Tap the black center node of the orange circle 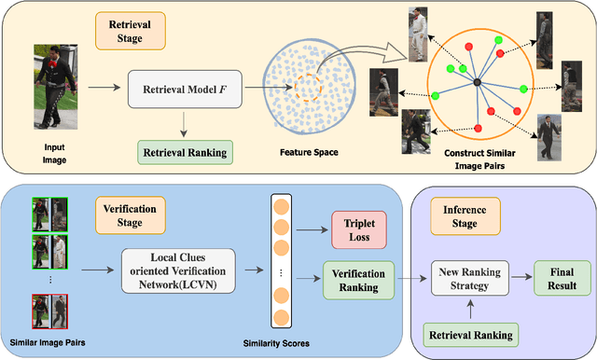click(477, 84)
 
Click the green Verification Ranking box click(355, 281)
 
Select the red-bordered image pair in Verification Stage click(50, 310)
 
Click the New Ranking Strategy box click(469, 278)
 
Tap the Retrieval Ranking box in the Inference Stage click(469, 333)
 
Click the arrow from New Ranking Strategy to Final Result click(521, 277)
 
